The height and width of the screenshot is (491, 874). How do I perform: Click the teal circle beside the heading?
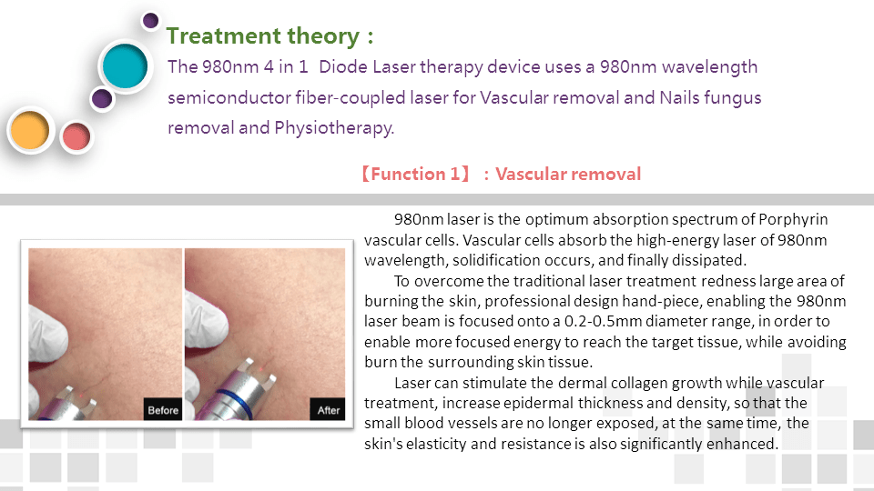(x=125, y=65)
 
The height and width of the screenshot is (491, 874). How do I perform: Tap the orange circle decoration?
(x=30, y=130)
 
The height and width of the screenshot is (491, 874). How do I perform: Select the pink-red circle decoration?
(x=76, y=137)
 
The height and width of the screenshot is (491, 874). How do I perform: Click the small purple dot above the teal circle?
(x=150, y=21)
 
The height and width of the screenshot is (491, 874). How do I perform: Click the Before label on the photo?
(x=163, y=410)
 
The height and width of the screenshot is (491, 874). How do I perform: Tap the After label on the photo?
(x=329, y=410)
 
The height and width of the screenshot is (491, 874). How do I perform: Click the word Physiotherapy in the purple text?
(x=334, y=128)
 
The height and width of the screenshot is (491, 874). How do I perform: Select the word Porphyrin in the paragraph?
(x=793, y=220)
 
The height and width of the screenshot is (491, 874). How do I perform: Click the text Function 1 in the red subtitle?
(x=415, y=175)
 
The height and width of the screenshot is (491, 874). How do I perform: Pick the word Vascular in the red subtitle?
(x=531, y=175)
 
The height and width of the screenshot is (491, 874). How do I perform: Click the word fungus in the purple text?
(x=732, y=98)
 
